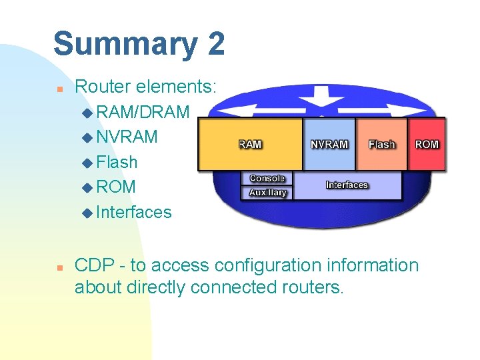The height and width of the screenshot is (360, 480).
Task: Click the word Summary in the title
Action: coord(125,45)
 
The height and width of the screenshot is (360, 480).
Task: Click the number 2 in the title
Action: coord(215,44)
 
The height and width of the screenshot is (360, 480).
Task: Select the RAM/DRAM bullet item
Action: coord(142,111)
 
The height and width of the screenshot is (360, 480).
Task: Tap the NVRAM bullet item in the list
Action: coord(127,137)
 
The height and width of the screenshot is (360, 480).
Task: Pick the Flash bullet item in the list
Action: coord(117,162)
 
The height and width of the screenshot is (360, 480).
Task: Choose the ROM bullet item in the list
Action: coord(115,187)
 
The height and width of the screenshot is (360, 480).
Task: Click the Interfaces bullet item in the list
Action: coord(133,212)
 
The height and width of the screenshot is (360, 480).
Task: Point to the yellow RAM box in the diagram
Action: coord(250,144)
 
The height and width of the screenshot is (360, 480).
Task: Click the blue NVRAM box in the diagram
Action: coord(329,144)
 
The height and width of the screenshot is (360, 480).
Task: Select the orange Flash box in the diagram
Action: coord(382,144)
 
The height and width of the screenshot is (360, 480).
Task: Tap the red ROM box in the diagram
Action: coord(427,144)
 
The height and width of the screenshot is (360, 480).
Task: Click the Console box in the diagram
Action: coord(267,179)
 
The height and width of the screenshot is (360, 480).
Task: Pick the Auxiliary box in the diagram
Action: coord(267,193)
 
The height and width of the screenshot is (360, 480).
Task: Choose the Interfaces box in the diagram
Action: coord(347,185)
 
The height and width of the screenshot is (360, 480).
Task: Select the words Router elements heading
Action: coord(146,86)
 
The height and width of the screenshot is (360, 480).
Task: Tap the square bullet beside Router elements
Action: coord(59,87)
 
